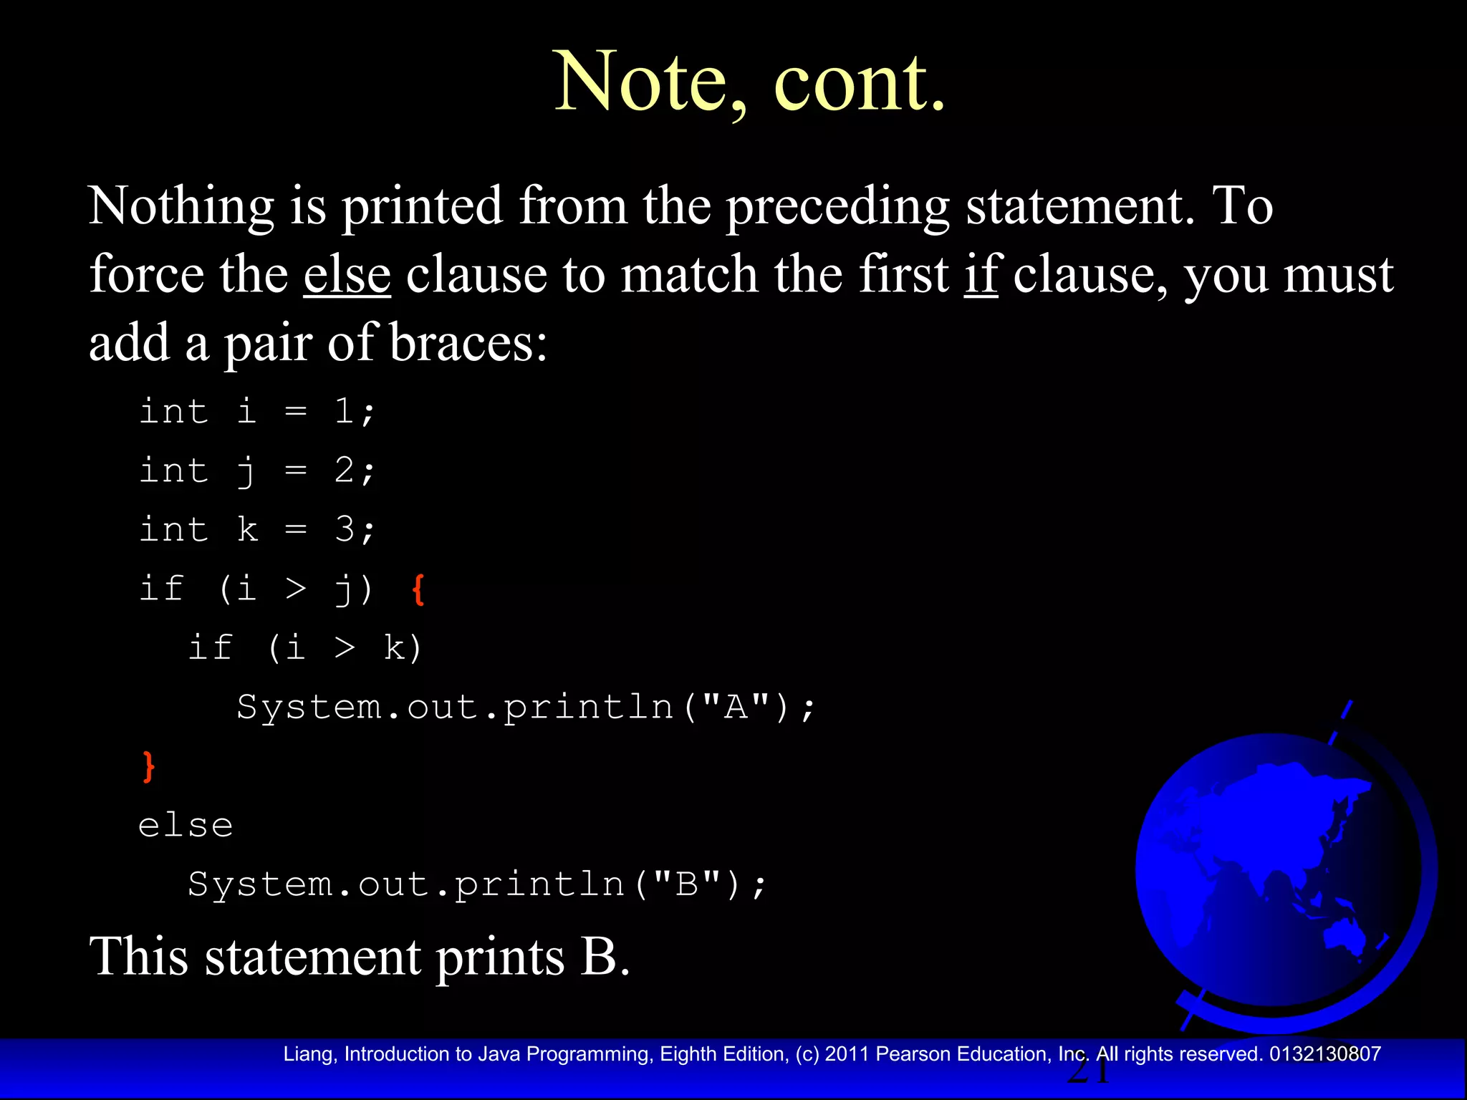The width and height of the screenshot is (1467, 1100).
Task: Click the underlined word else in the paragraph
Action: click(347, 275)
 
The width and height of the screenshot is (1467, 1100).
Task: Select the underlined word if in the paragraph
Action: click(981, 275)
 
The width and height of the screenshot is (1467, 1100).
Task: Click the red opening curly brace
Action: click(419, 589)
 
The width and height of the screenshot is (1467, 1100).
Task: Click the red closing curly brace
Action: click(148, 767)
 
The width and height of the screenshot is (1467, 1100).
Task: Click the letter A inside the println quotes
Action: click(736, 708)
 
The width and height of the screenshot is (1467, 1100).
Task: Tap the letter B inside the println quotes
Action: click(687, 884)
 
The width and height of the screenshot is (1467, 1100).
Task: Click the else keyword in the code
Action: click(186, 826)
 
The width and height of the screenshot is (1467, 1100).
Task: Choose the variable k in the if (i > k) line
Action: click(394, 648)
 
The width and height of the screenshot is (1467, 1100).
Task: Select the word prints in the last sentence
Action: click(500, 957)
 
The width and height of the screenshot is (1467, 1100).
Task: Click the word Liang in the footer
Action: click(309, 1054)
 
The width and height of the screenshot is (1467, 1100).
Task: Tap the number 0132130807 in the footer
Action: click(1325, 1054)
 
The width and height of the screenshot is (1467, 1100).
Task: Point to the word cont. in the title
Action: click(860, 82)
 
